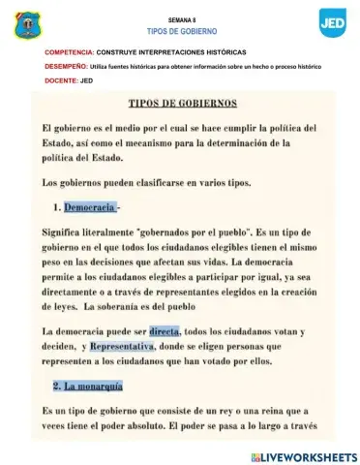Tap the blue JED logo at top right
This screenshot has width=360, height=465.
tap(332, 20)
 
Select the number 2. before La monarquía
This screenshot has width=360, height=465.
tap(57, 386)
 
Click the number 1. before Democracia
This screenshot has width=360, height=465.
tap(57, 206)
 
